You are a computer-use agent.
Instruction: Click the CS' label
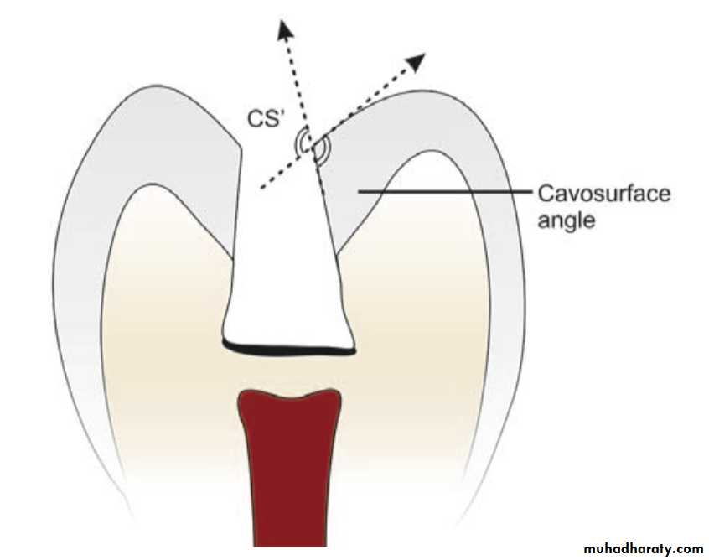click(x=265, y=118)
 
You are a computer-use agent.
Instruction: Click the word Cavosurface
click(x=604, y=194)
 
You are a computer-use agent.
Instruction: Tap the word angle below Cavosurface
click(x=566, y=221)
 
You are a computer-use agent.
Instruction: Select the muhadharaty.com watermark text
click(x=643, y=549)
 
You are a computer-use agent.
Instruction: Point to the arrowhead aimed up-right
click(x=416, y=60)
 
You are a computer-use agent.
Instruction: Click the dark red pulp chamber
click(x=289, y=466)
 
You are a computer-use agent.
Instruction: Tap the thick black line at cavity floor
click(x=288, y=350)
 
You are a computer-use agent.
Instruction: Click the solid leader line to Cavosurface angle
click(x=445, y=192)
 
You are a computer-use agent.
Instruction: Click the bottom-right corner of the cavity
click(x=354, y=350)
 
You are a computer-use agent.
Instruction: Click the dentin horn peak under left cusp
click(x=153, y=184)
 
